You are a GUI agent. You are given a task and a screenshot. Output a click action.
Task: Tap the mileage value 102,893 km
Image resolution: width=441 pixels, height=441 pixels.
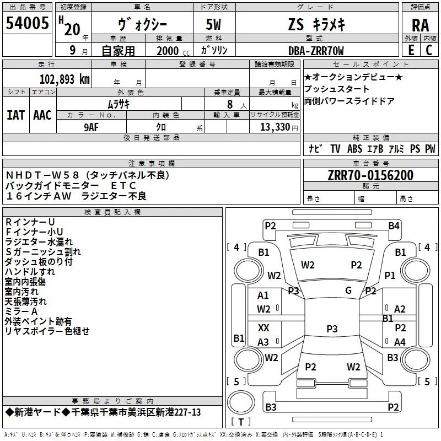[64, 79]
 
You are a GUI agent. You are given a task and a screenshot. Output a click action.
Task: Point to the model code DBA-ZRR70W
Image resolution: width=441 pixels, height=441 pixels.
[316, 51]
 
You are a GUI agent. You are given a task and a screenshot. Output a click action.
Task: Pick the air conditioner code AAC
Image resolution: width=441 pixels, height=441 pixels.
[42, 115]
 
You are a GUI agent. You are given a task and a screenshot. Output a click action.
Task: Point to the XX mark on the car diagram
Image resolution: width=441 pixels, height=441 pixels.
[263, 328]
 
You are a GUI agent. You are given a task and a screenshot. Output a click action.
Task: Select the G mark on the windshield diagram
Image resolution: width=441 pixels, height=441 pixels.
[348, 291]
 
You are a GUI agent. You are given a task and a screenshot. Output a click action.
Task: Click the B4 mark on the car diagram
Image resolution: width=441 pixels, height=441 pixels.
[394, 225]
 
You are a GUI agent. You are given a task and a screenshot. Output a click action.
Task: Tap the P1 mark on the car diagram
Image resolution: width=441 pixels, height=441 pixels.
[390, 275]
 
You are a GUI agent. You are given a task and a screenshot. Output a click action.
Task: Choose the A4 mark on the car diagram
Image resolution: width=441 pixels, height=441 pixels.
[400, 342]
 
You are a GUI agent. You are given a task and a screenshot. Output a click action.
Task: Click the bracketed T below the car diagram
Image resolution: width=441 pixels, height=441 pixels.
[241, 422]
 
